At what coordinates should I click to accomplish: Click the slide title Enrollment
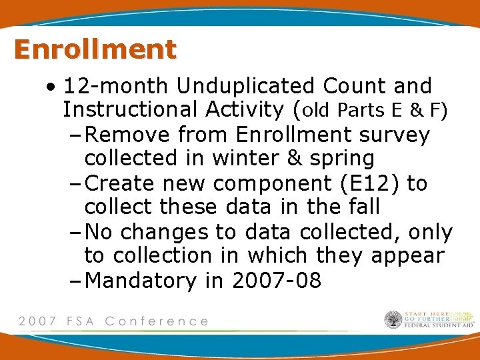pyautogui.click(x=95, y=49)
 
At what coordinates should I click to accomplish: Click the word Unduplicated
pyautogui.click(x=246, y=86)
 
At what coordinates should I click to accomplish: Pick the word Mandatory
pyautogui.click(x=142, y=281)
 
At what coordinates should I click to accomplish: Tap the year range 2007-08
pyautogui.click(x=277, y=281)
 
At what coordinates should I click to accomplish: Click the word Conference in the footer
pyautogui.click(x=157, y=321)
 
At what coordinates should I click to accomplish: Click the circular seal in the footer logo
pyautogui.click(x=393, y=320)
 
